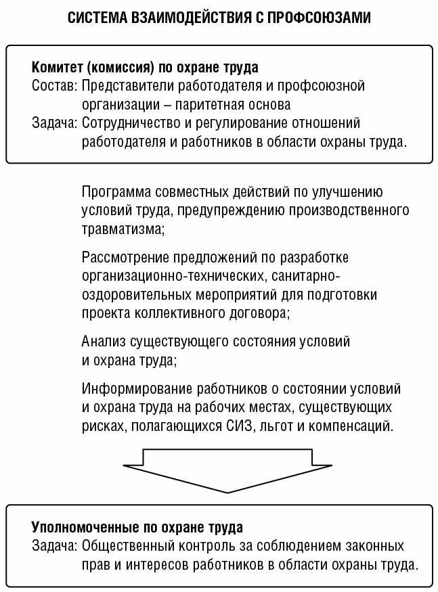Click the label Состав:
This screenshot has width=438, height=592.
point(55,86)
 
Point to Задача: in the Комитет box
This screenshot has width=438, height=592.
point(55,123)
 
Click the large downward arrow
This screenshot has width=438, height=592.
point(228,471)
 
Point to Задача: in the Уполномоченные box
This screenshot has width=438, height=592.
point(55,545)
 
